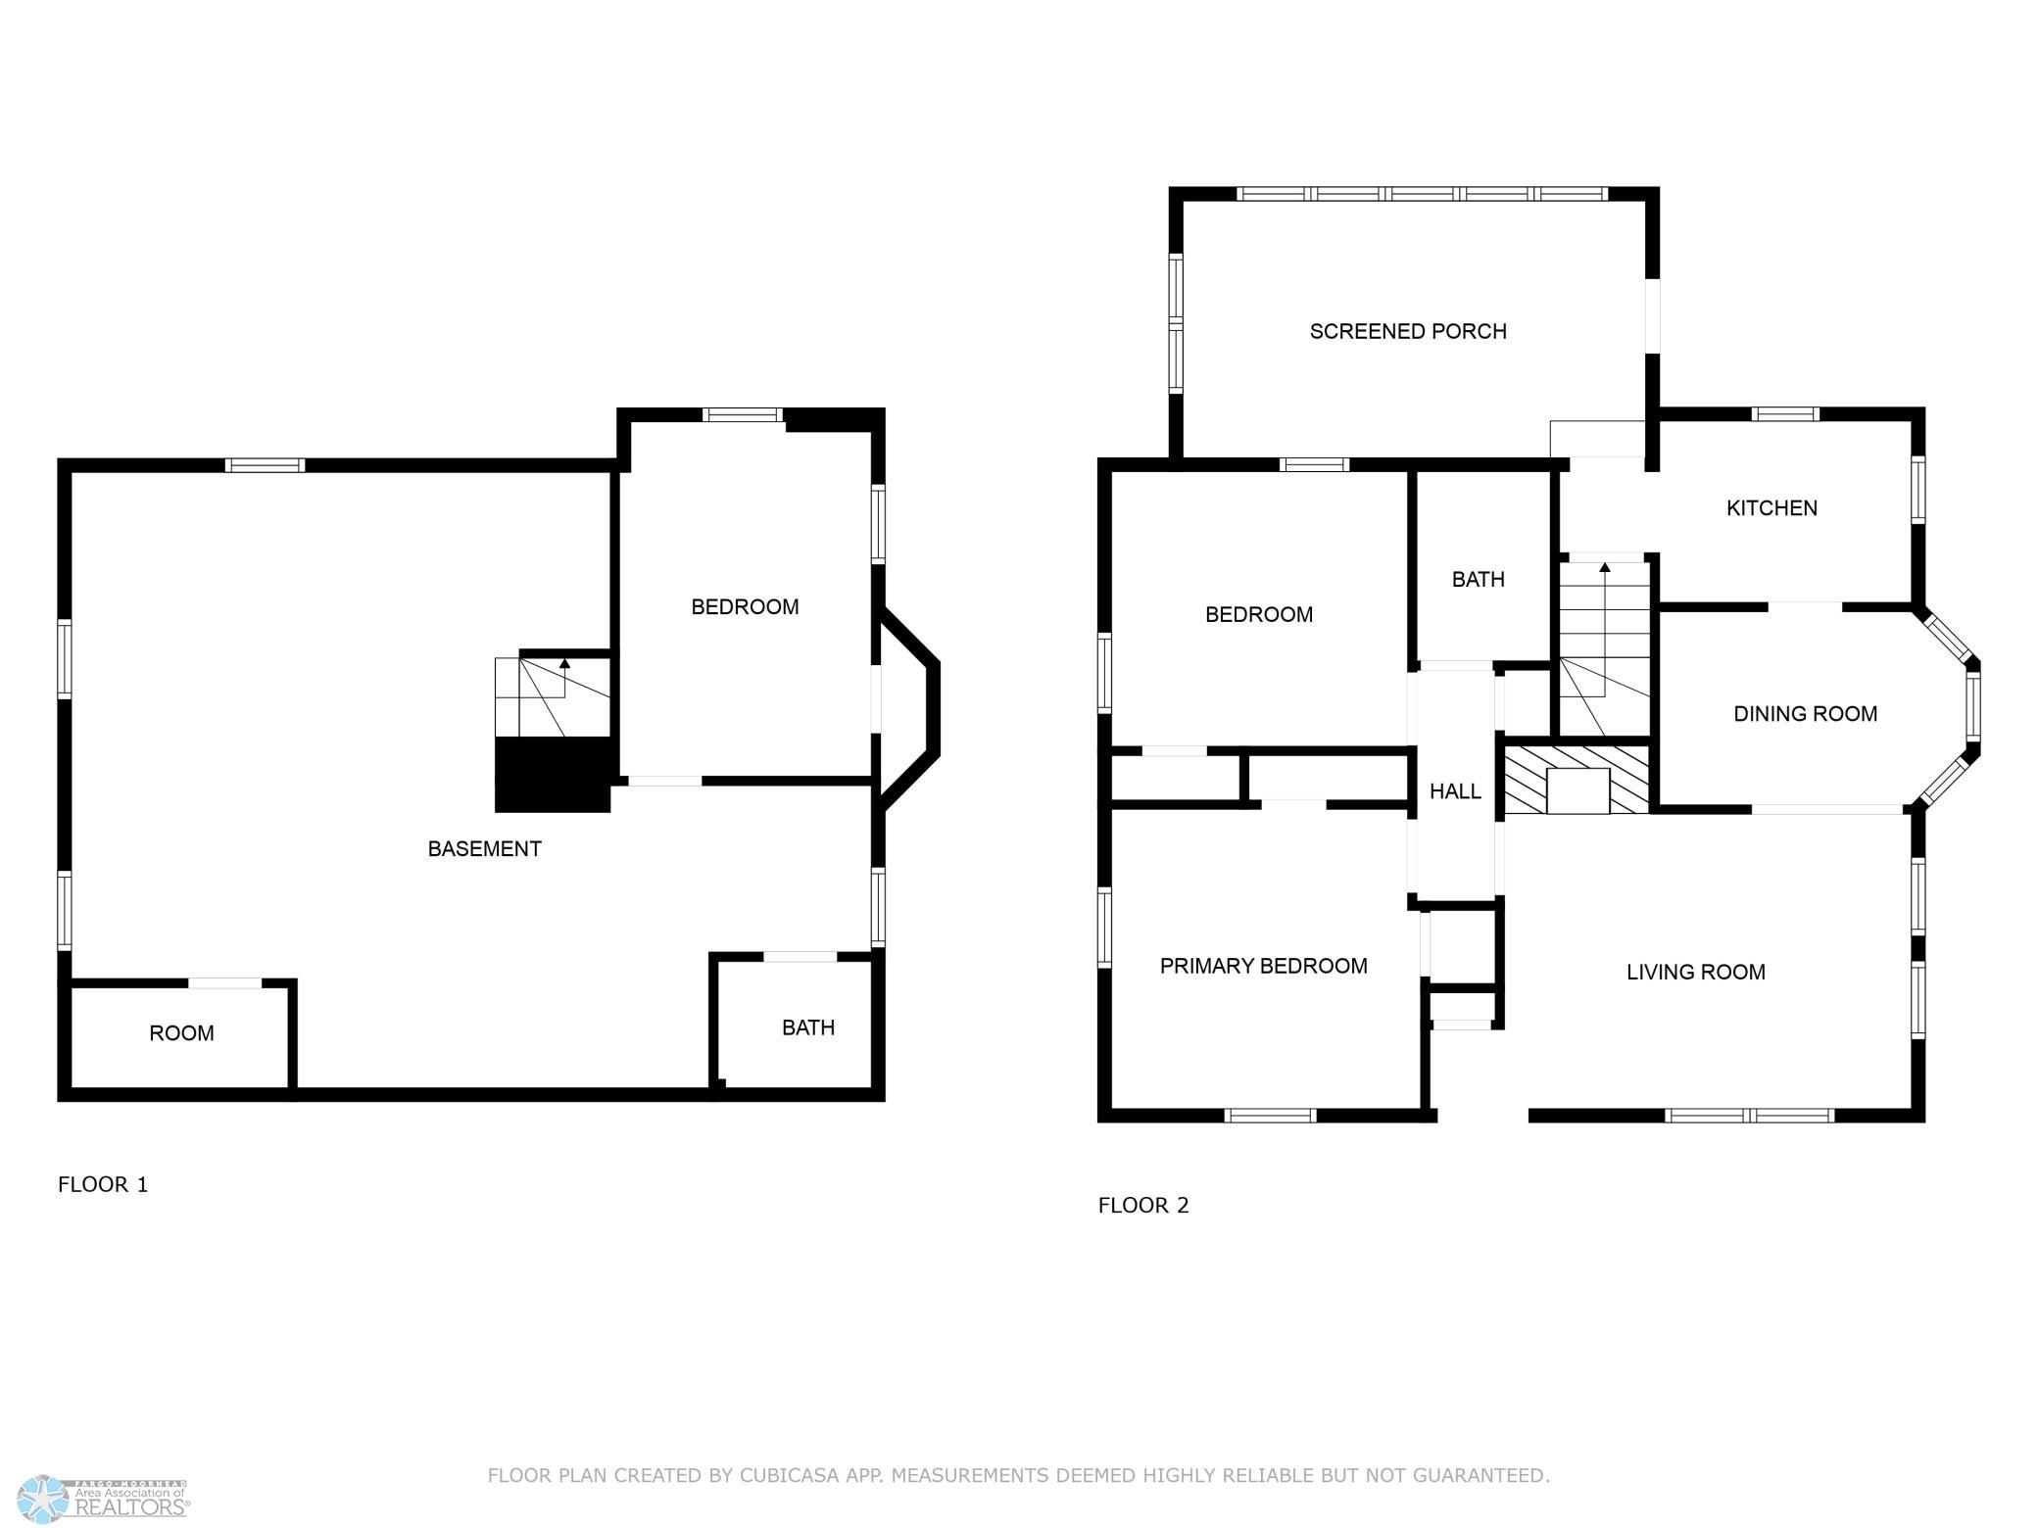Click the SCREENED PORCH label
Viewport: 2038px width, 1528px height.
click(x=1408, y=331)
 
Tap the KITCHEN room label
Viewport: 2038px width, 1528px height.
click(x=1771, y=507)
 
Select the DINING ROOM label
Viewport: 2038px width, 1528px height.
click(x=1805, y=714)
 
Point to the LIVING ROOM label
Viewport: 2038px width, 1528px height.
click(x=1696, y=972)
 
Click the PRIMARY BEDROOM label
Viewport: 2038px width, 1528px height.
click(x=1263, y=966)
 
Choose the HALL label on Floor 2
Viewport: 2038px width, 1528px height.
click(x=1455, y=791)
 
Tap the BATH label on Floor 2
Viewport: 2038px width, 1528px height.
click(x=1478, y=580)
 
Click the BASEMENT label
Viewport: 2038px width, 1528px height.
click(x=484, y=849)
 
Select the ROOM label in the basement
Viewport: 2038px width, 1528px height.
click(x=181, y=1032)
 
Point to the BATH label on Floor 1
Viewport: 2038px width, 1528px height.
click(x=808, y=1027)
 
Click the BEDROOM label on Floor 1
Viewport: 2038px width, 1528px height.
click(x=745, y=607)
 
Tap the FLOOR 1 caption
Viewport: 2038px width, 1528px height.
click(x=103, y=1184)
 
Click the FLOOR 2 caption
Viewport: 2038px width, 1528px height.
click(x=1143, y=1205)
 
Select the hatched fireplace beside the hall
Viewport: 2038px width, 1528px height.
click(x=1577, y=780)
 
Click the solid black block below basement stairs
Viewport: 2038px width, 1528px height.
click(x=553, y=775)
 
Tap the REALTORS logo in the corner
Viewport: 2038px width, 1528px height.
click(x=104, y=1499)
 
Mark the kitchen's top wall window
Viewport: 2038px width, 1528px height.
click(x=1784, y=413)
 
